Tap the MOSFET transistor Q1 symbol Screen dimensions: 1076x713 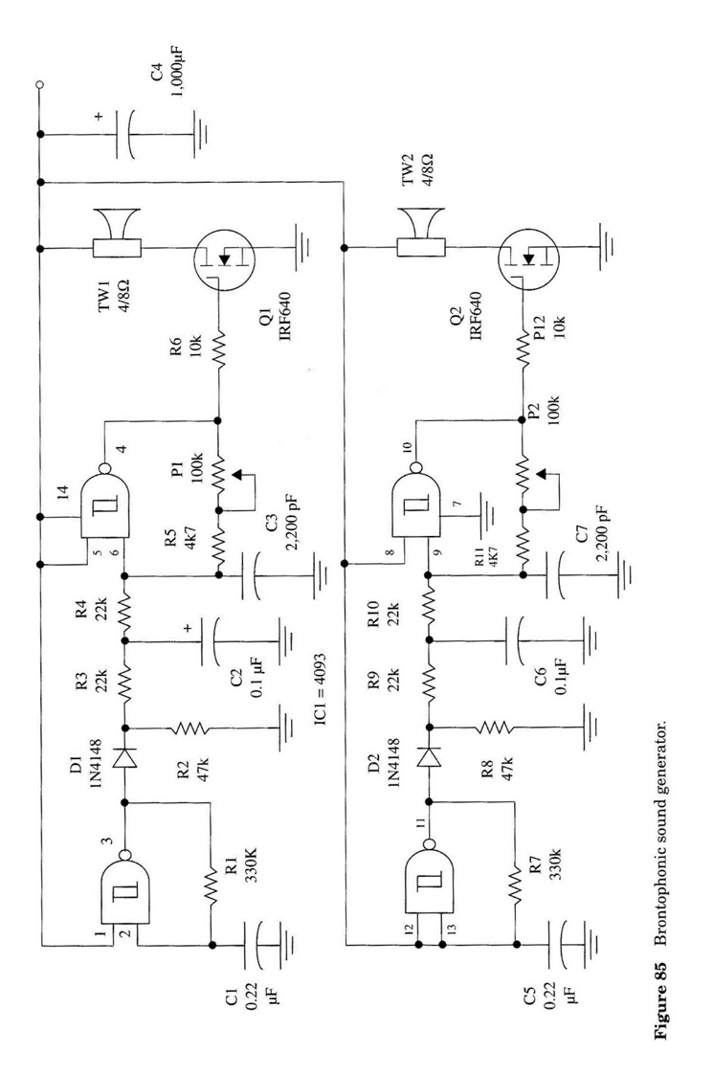click(x=221, y=257)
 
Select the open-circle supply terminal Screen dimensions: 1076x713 click(x=39, y=85)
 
